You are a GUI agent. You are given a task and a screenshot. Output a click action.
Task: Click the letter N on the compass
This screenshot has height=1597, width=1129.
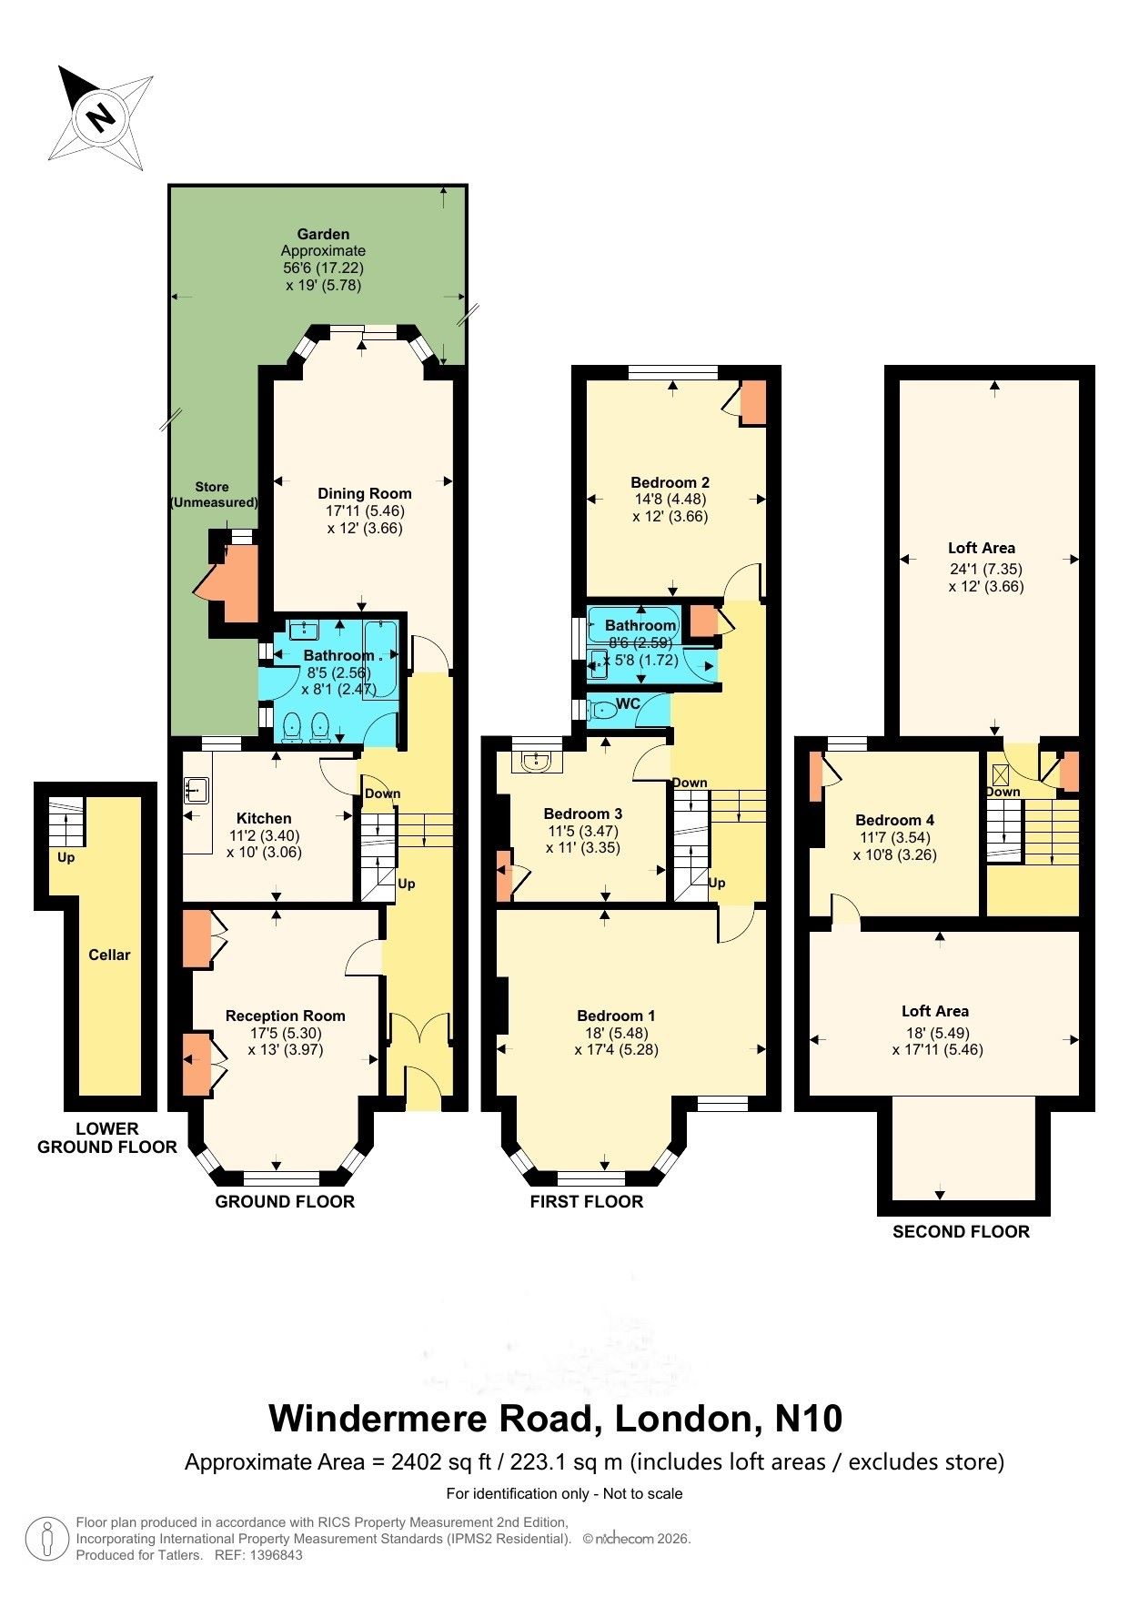click(x=101, y=116)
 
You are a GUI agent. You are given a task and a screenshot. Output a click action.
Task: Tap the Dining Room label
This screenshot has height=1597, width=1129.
click(x=364, y=493)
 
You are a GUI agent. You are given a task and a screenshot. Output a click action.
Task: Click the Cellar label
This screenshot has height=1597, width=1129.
click(x=109, y=955)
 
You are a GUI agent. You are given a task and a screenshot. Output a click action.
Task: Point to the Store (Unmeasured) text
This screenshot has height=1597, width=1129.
click(x=213, y=494)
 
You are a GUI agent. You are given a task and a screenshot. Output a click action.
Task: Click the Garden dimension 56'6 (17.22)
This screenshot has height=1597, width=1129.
click(x=323, y=268)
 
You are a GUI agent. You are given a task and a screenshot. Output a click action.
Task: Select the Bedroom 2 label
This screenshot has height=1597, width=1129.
click(x=670, y=482)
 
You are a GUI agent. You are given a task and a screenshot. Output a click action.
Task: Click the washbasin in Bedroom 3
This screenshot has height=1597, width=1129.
click(x=537, y=760)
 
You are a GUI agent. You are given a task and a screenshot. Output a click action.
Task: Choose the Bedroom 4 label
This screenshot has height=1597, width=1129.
click(x=894, y=820)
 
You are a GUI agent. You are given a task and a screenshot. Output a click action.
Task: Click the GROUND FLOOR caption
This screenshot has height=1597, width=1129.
click(x=285, y=1201)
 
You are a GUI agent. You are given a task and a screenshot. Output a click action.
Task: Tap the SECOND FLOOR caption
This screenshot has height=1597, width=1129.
click(x=961, y=1231)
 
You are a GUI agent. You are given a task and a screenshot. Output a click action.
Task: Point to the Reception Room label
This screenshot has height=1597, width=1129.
click(x=285, y=1016)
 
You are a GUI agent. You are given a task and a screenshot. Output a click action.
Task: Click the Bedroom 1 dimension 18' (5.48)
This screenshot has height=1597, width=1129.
click(x=616, y=1033)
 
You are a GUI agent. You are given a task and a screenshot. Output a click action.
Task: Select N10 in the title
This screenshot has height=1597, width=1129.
click(x=808, y=1418)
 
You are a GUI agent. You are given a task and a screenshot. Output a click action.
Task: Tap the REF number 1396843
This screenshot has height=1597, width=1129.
click(x=270, y=1555)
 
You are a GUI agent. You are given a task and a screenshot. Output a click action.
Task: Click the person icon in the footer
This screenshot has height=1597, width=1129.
click(x=46, y=1539)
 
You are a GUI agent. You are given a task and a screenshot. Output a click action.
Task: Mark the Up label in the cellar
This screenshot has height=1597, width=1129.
click(x=66, y=857)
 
